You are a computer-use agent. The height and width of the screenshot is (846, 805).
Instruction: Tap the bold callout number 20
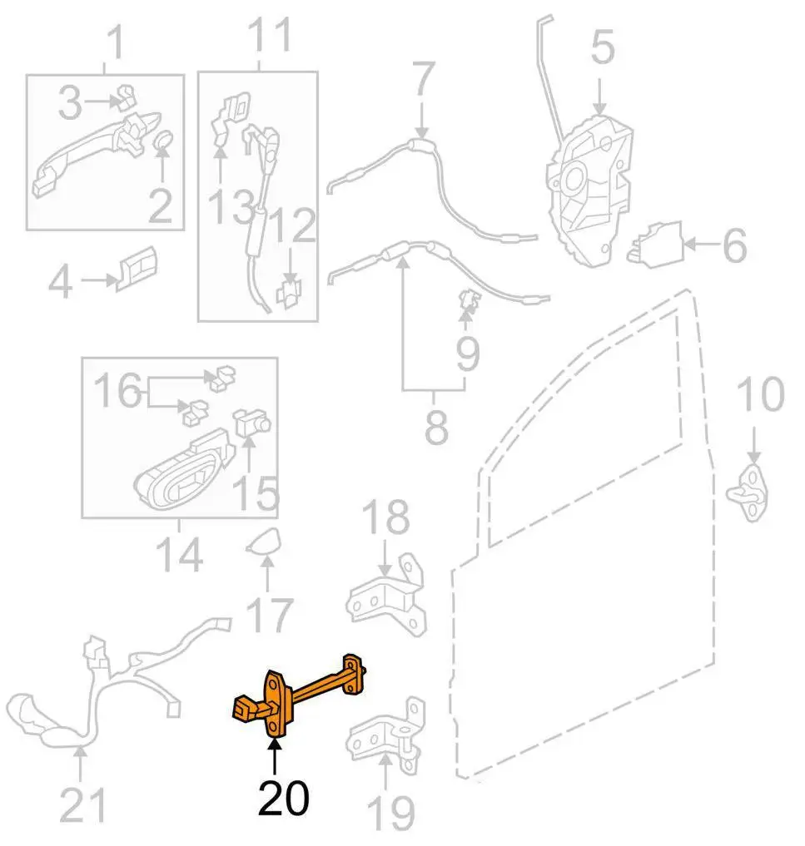point(283,798)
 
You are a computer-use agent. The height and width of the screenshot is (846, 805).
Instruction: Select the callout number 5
point(603,47)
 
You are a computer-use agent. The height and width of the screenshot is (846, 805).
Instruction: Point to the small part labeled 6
point(654,245)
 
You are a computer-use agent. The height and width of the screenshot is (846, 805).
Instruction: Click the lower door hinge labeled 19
point(386,735)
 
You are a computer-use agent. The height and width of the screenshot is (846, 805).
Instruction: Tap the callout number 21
point(82,804)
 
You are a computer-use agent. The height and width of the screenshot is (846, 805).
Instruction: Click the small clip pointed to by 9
point(469,300)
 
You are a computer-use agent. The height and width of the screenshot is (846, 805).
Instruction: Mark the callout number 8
point(436,426)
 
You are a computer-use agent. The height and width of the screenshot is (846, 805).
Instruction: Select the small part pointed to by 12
point(290,294)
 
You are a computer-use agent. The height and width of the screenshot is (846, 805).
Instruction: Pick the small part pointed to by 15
point(251,423)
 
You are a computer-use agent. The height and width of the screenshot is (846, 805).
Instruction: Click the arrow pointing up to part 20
point(275,759)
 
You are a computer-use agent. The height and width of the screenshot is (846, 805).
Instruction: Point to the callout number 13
point(231,206)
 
